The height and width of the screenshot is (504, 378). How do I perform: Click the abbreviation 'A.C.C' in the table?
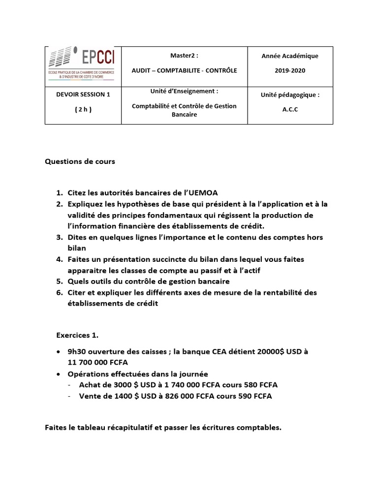(x=290, y=110)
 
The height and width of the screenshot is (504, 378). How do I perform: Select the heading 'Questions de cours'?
(x=80, y=161)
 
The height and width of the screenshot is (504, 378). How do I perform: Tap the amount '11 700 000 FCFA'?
(x=98, y=363)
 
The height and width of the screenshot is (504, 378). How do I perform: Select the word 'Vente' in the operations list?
(x=90, y=396)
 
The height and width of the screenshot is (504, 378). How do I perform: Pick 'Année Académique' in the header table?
(x=289, y=56)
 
